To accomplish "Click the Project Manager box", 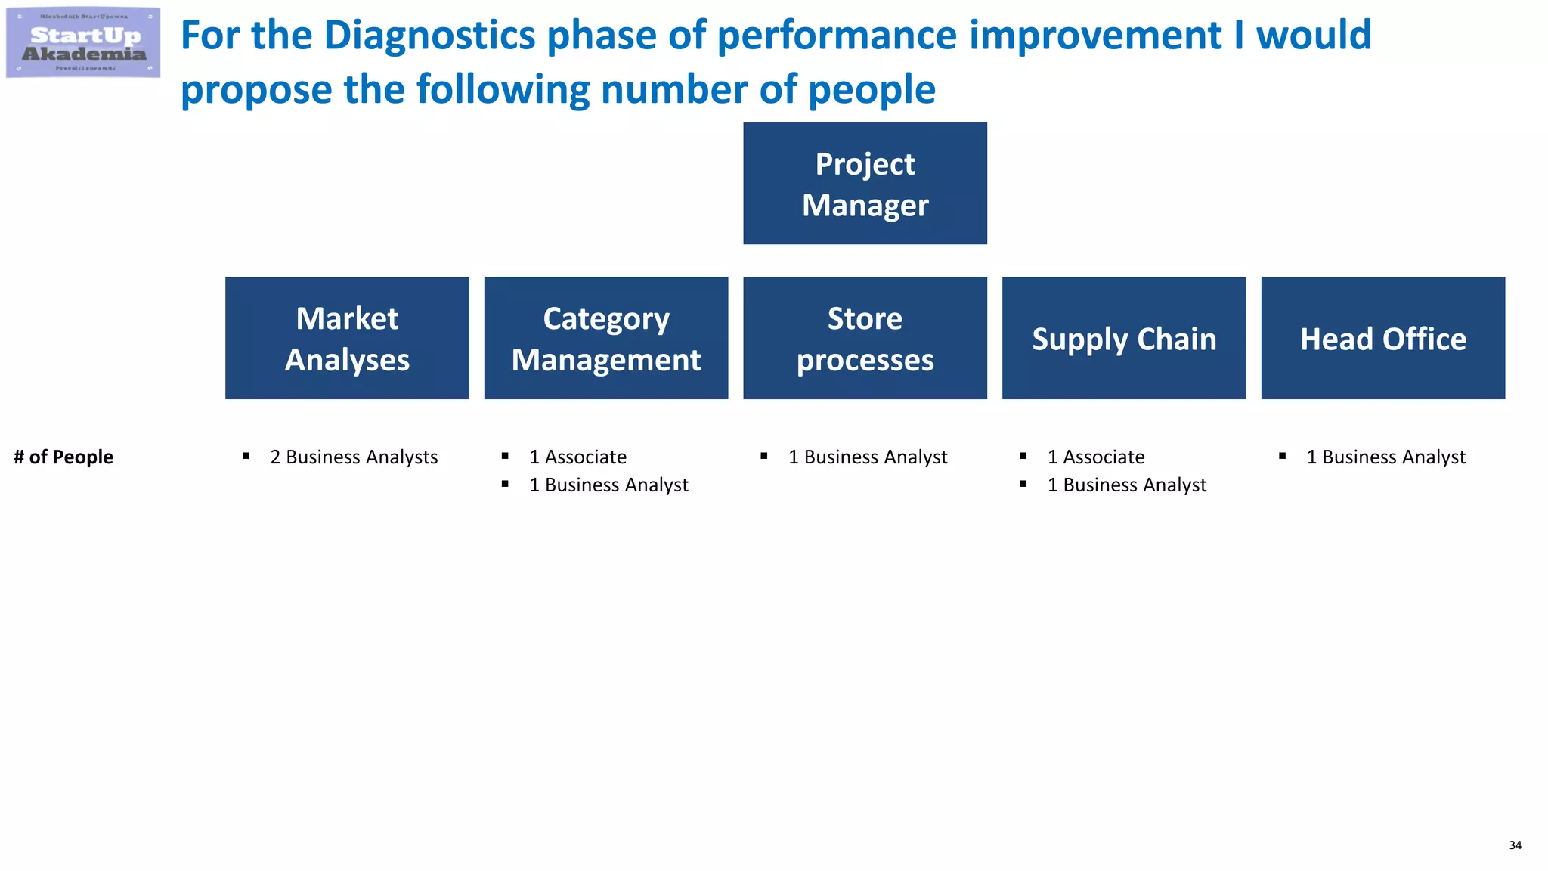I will coord(865,184).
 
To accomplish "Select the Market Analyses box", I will coord(347,338).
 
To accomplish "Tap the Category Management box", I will coord(606,338).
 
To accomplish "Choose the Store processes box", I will coord(865,338).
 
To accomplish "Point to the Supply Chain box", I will coord(1124,338).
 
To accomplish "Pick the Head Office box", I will coord(1382,338).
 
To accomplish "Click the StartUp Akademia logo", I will coord(83,43).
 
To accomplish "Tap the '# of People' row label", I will coord(63,457).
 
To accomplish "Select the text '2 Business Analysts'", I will coord(354,457).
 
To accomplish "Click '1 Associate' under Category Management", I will coord(577,457).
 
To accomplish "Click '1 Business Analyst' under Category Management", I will coord(608,485).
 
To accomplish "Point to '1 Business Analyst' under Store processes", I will coord(868,457).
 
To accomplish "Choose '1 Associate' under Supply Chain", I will coord(1096,457).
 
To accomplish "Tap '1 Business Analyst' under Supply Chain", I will coord(1127,485).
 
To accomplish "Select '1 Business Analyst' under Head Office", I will coord(1385,457).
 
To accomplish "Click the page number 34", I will coord(1515,845).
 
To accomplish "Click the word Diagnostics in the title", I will coord(430,36).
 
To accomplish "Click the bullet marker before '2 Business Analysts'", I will coord(246,456).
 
